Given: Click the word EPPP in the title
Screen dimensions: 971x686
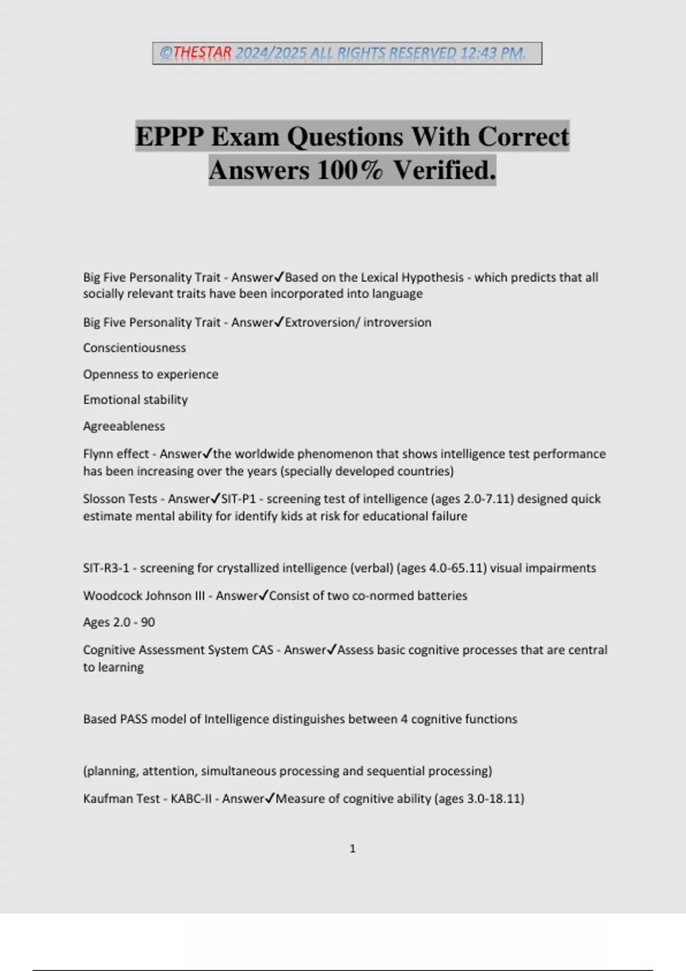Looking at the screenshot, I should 169,137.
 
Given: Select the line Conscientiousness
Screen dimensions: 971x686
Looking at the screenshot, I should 134,348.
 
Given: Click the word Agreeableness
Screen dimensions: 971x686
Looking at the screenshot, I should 124,426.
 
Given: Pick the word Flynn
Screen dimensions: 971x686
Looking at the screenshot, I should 98,454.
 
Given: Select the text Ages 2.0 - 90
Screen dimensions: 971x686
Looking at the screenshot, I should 119,623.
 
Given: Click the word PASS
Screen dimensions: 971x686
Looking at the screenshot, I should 134,719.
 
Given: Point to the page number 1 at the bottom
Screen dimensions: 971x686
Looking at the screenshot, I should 352,849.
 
